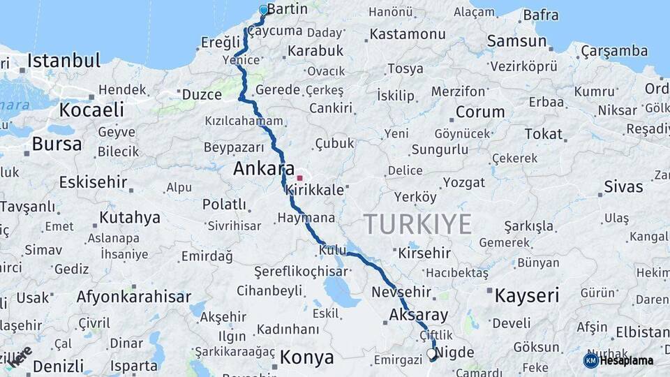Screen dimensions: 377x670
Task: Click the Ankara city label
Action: [x=263, y=169]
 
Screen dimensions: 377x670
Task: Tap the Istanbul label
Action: [x=64, y=61]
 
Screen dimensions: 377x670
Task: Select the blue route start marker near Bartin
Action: [x=263, y=10]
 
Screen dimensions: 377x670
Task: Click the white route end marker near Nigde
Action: [x=431, y=354]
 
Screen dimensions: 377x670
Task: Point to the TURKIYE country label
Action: [x=417, y=225]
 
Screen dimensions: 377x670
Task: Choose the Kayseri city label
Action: [x=527, y=295]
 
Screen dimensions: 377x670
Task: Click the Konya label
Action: [x=307, y=358]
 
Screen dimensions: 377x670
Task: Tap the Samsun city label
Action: [x=516, y=41]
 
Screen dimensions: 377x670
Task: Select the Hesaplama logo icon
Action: [x=590, y=360]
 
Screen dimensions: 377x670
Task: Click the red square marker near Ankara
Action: [x=299, y=178]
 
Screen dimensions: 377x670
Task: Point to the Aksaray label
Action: [x=419, y=315]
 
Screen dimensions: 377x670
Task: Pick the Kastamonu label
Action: [x=408, y=34]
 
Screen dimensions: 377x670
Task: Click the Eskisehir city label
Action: [x=93, y=183]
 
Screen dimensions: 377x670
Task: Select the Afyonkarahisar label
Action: [x=133, y=297]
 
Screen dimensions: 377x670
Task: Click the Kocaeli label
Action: [x=91, y=110]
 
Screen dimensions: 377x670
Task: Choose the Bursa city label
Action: [x=57, y=145]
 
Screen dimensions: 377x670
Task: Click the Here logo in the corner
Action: [x=20, y=355]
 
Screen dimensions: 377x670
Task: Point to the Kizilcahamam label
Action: [x=244, y=121]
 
